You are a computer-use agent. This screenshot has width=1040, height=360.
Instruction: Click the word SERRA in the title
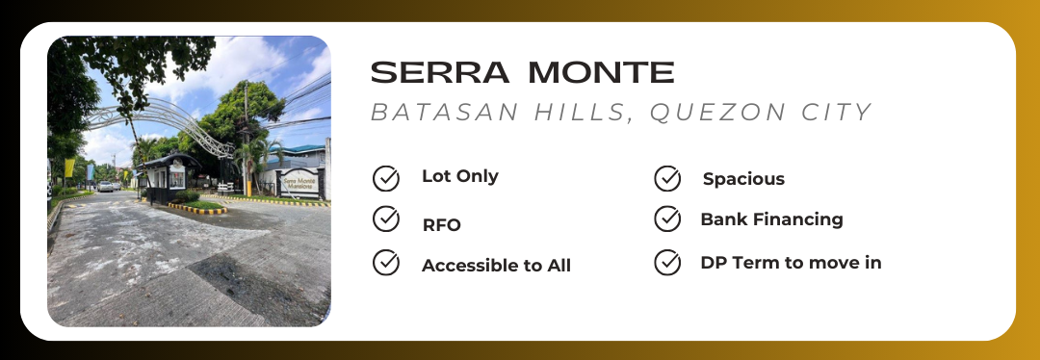440,72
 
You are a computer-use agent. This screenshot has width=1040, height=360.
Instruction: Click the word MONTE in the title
602,72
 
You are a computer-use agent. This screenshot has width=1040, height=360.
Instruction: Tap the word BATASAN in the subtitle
445,113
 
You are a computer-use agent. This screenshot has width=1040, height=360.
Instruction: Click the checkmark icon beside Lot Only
386,178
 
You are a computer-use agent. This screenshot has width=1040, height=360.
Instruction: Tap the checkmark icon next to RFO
386,219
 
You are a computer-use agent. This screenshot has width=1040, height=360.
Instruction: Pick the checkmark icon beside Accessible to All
386,263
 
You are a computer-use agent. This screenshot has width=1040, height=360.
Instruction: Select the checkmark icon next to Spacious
667,178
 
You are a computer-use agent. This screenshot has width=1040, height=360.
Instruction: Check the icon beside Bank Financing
667,219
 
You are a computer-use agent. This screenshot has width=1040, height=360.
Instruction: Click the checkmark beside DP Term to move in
667,263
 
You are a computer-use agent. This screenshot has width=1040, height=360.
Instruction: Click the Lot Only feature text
459,176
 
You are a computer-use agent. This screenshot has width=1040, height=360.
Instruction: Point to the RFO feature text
441,225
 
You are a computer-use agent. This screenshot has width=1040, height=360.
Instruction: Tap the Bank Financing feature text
771,219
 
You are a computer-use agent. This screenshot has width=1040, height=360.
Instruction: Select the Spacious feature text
743,179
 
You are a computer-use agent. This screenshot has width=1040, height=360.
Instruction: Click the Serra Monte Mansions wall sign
299,182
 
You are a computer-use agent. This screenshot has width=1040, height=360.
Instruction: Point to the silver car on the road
106,187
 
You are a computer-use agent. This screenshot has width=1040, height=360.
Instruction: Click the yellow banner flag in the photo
69,167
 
